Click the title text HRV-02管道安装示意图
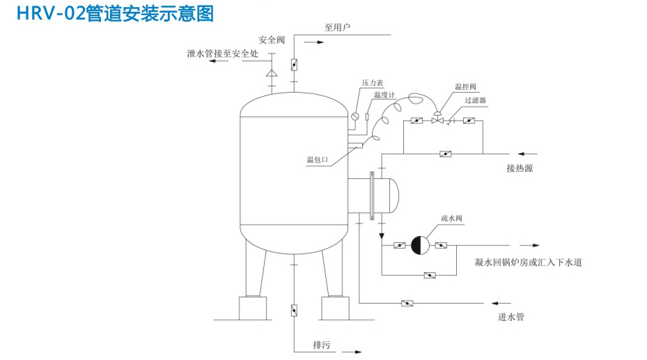(116, 13)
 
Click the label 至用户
(336, 28)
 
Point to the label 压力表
(372, 83)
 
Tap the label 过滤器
(476, 100)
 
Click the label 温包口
(318, 159)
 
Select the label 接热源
(520, 169)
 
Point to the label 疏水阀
(451, 218)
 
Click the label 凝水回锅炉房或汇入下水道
(527, 263)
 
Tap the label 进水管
(510, 317)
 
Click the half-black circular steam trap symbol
(421, 245)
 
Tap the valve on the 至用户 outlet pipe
(294, 65)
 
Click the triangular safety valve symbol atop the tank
(271, 72)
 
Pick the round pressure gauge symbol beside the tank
(355, 116)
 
